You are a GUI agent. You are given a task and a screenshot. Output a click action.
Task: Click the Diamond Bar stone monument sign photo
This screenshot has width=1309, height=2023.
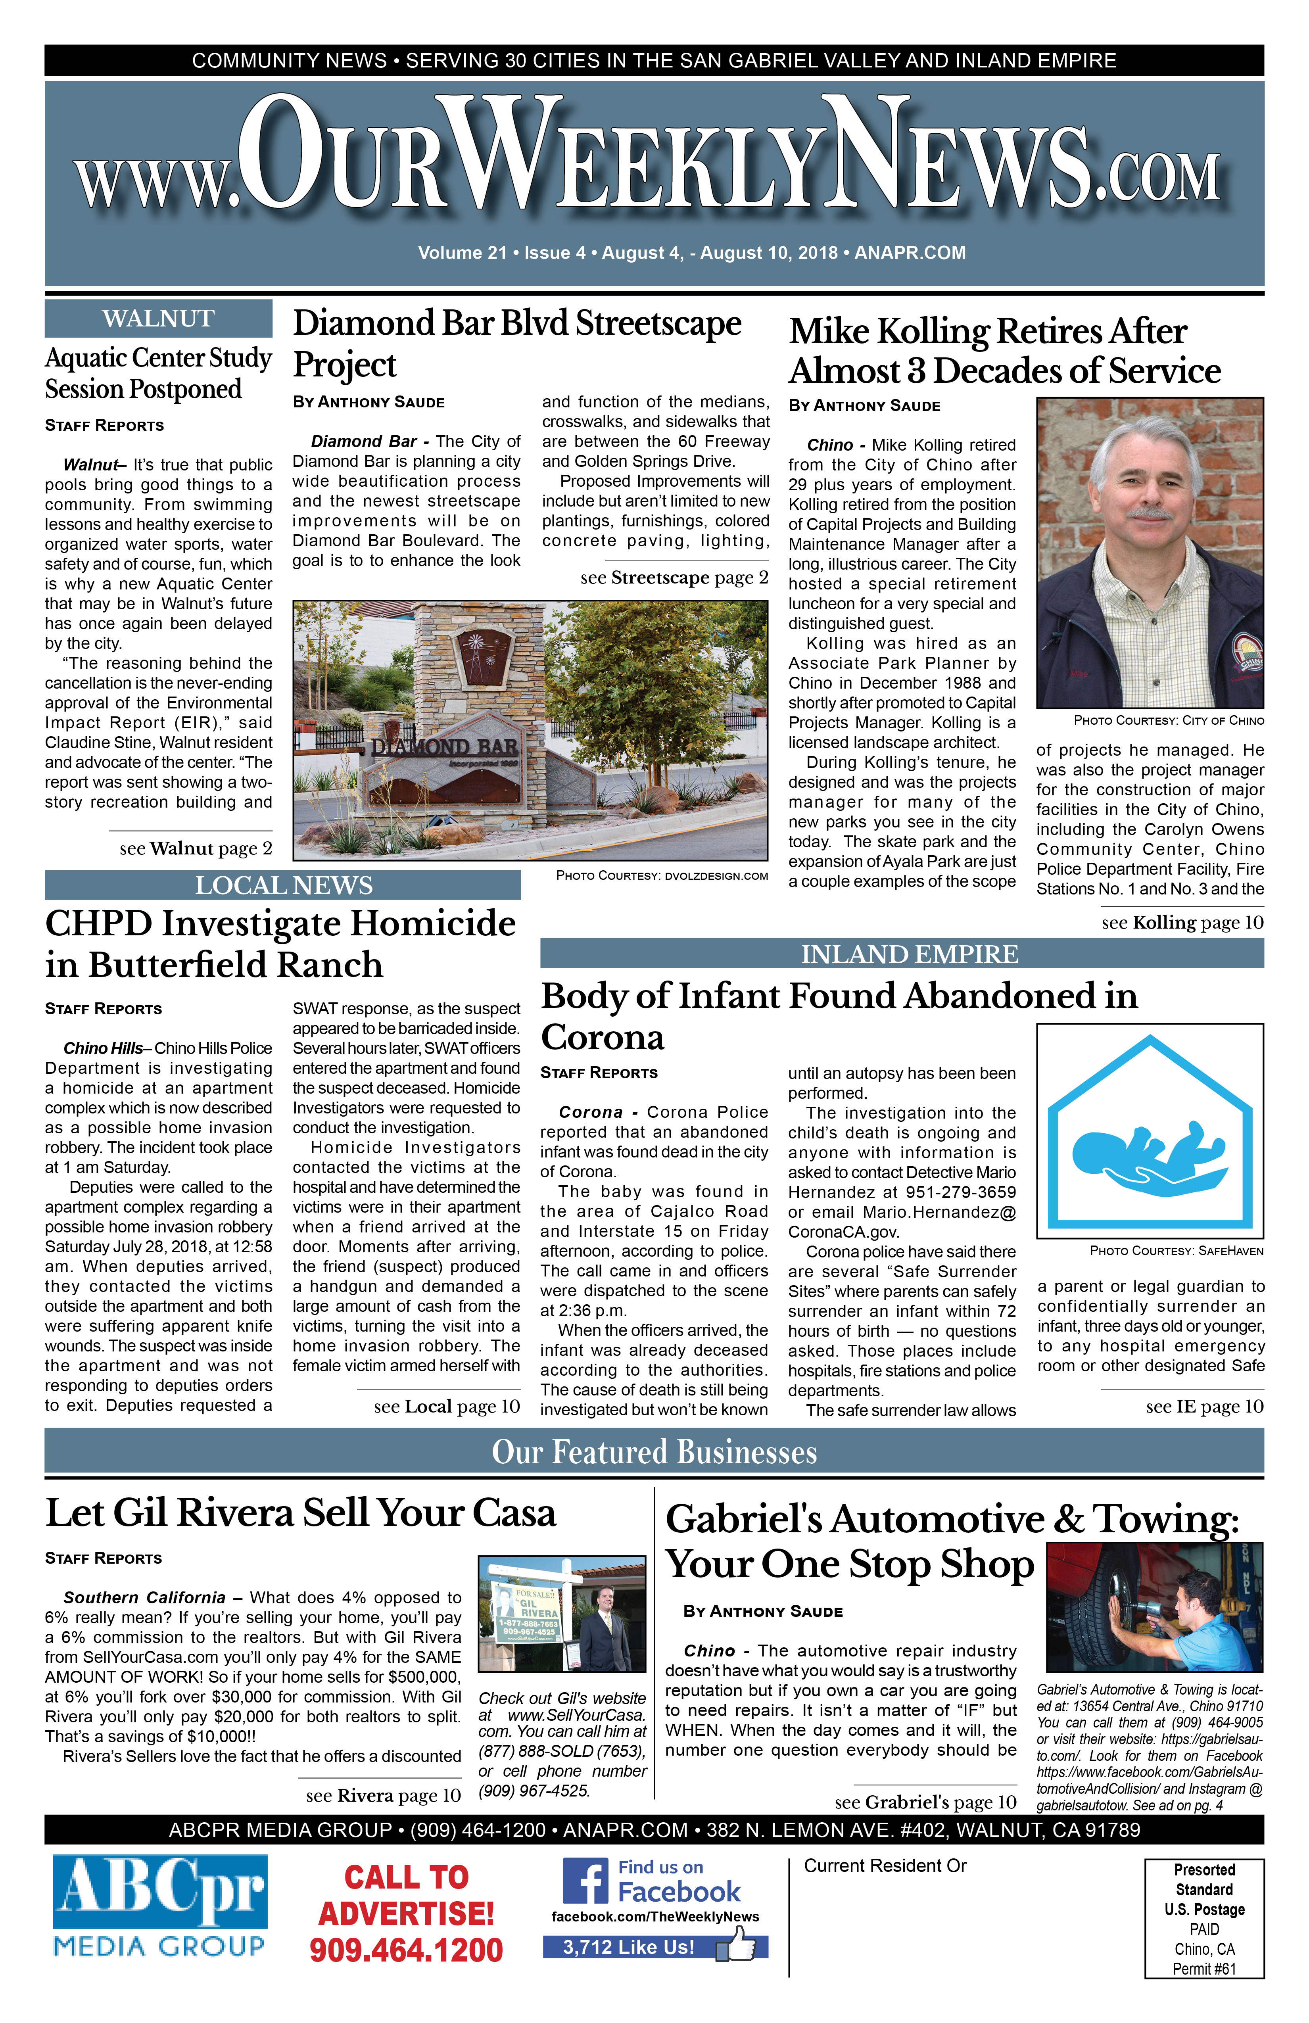click(530, 730)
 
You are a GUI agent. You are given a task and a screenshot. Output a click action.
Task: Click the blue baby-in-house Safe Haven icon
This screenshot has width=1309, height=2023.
click(1149, 1131)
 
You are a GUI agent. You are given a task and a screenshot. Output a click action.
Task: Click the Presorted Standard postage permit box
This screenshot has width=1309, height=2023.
click(1203, 1918)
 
